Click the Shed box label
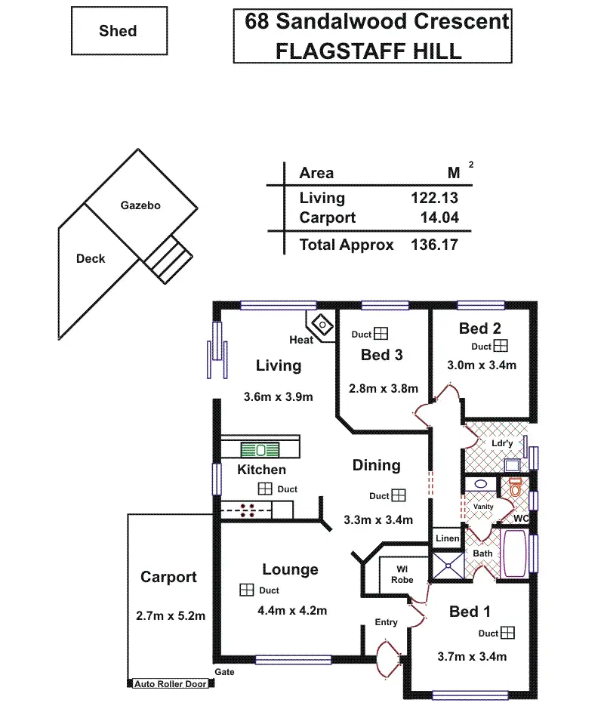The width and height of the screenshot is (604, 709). coord(118,31)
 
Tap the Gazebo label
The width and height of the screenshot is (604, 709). coord(140,205)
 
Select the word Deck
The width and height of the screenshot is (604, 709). coord(91,258)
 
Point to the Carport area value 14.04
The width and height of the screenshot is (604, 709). coord(439,218)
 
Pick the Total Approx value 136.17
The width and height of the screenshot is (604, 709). coord(434,245)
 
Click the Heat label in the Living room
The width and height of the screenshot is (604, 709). coord(301,340)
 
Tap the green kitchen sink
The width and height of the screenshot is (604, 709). coord(260,449)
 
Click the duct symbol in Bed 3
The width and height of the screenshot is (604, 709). coord(382,333)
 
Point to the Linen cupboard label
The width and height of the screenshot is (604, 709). coord(446,538)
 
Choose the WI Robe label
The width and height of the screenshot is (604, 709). coord(402,574)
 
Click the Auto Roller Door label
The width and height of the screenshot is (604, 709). coord(170,684)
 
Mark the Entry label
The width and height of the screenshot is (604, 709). coord(386,622)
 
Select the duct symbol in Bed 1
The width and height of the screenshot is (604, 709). coord(507,633)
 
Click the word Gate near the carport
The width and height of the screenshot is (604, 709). coord(224,671)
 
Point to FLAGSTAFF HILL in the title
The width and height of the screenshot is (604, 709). coord(368,51)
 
